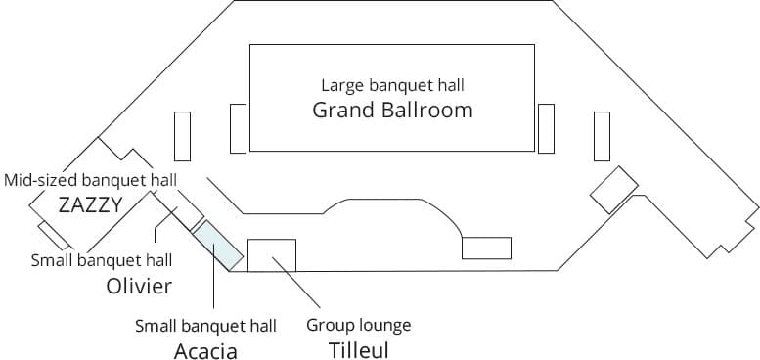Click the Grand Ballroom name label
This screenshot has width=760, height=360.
tap(392, 110)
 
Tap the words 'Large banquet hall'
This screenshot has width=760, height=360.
tap(392, 84)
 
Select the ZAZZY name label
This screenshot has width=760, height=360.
tap(89, 205)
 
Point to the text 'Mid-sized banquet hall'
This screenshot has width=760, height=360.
tap(90, 181)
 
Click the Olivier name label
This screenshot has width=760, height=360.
tap(139, 286)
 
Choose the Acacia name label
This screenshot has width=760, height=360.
tap(205, 350)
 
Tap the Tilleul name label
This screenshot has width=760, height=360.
tap(355, 349)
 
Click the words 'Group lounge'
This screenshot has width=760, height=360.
tap(358, 325)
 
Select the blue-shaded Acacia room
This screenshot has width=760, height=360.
tap(217, 243)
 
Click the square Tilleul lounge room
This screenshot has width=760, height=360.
tap(272, 253)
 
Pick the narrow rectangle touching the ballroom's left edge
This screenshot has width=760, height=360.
tap(238, 128)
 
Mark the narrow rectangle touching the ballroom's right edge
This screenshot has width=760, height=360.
tap(546, 128)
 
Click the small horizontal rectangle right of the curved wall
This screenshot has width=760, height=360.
tap(486, 247)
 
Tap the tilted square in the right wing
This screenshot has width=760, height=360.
tap(614, 189)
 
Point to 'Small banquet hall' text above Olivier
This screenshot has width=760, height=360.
tap(102, 260)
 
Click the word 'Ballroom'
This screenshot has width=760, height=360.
tap(428, 110)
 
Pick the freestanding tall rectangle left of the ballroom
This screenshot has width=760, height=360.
tap(182, 136)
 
